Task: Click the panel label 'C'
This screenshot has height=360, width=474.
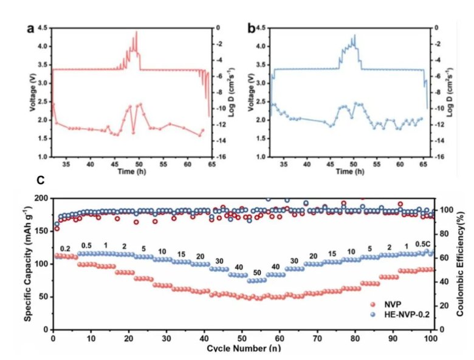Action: pos(40,180)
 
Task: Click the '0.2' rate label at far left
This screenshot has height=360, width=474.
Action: pos(65,249)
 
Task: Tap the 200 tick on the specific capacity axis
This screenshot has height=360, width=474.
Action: pos(42,199)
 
